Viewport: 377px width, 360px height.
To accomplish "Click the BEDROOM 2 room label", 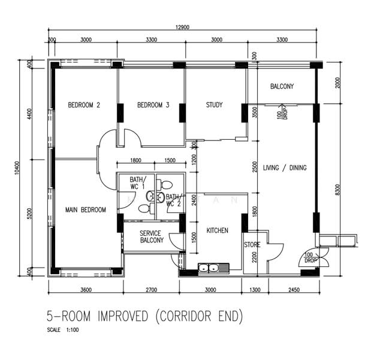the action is (84, 105).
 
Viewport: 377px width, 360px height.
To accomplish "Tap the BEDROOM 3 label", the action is (153, 105).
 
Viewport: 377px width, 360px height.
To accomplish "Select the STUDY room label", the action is (214, 105).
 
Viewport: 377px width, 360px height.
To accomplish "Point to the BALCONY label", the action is (282, 86).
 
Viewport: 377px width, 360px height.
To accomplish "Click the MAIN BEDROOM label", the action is (86, 210).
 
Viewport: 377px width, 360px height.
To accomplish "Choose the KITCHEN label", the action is (218, 230).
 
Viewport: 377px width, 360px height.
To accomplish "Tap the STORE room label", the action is (252, 245).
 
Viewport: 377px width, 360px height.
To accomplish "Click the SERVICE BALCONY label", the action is (152, 237).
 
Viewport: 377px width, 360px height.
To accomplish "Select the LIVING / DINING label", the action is (285, 168).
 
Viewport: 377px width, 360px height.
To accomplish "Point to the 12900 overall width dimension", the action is (182, 27).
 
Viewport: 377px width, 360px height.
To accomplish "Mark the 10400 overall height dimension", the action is (17, 168).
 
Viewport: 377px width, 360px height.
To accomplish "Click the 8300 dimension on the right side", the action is (337, 190).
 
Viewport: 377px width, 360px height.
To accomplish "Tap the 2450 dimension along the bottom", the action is (294, 290).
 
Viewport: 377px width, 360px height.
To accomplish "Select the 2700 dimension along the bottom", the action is (151, 290).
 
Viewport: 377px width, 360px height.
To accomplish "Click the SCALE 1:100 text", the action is (63, 330).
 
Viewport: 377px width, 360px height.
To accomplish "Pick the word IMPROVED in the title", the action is (123, 316).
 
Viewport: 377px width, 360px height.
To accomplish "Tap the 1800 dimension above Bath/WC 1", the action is (135, 160).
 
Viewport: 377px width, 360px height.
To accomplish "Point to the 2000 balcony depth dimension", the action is (338, 83).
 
